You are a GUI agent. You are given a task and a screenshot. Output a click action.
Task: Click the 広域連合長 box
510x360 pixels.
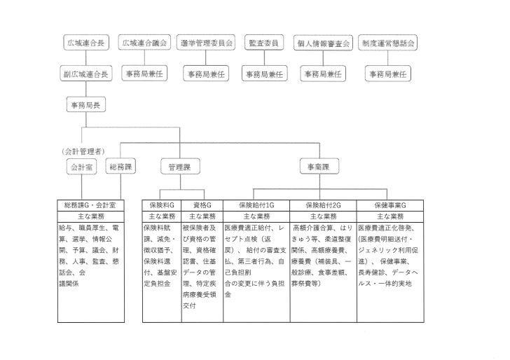point(86,43)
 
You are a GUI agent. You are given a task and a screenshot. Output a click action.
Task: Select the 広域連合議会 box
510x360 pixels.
point(145,43)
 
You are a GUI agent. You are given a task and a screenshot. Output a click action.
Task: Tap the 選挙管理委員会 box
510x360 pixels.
point(205,43)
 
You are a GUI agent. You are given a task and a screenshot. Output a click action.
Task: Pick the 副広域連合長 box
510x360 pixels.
point(86,73)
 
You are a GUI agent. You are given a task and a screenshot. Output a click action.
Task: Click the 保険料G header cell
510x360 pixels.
point(162,205)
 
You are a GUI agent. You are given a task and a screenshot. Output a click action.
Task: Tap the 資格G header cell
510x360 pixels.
point(202,205)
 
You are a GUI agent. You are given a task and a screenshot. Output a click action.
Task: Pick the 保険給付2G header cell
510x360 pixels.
point(323,205)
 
